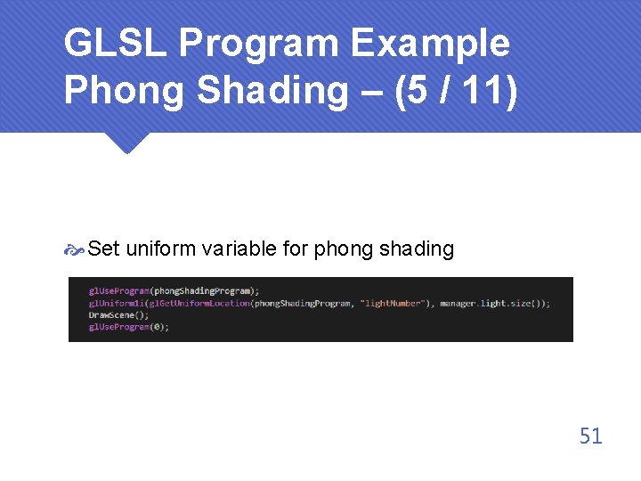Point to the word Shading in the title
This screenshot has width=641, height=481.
(x=280, y=91)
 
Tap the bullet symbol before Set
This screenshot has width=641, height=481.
(x=75, y=250)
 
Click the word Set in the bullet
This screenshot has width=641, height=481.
(x=104, y=249)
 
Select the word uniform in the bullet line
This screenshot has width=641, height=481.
(x=160, y=249)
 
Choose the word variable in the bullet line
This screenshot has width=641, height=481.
(x=239, y=249)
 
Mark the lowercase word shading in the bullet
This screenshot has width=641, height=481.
(x=417, y=249)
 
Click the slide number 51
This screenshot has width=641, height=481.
(x=590, y=436)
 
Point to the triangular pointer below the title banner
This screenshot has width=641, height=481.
(x=126, y=143)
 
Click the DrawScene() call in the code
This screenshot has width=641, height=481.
(x=118, y=315)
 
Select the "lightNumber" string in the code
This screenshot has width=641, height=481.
(x=389, y=304)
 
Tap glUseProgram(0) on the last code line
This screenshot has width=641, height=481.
(x=128, y=327)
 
